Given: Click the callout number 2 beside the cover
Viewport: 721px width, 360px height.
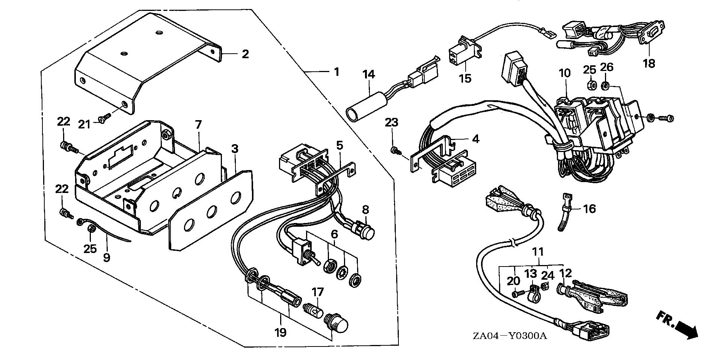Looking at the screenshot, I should [245, 54].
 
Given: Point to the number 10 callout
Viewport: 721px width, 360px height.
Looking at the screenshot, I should [564, 73].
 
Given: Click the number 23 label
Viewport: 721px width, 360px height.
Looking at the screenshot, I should [391, 123].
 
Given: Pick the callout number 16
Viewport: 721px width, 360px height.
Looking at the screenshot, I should [590, 208].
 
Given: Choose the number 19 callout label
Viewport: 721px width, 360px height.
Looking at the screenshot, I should [281, 332].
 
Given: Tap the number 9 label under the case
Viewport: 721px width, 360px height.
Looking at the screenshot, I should [107, 258].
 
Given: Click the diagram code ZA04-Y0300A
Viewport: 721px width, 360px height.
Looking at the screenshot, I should [509, 335].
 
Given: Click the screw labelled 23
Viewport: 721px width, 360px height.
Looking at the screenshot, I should [395, 151].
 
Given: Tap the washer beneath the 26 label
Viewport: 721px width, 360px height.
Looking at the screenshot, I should [605, 86].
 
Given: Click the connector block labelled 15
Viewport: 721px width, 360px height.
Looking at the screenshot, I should [460, 51].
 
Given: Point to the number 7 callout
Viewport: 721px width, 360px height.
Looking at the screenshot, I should [198, 124].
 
